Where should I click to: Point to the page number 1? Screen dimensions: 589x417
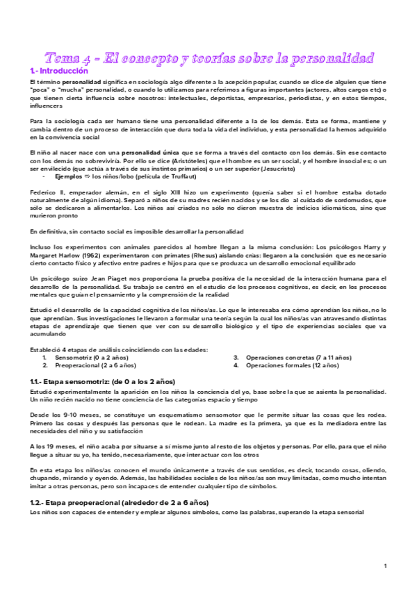click(x=384, y=567)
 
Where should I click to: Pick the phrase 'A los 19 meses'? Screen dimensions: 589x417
click(x=55, y=445)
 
